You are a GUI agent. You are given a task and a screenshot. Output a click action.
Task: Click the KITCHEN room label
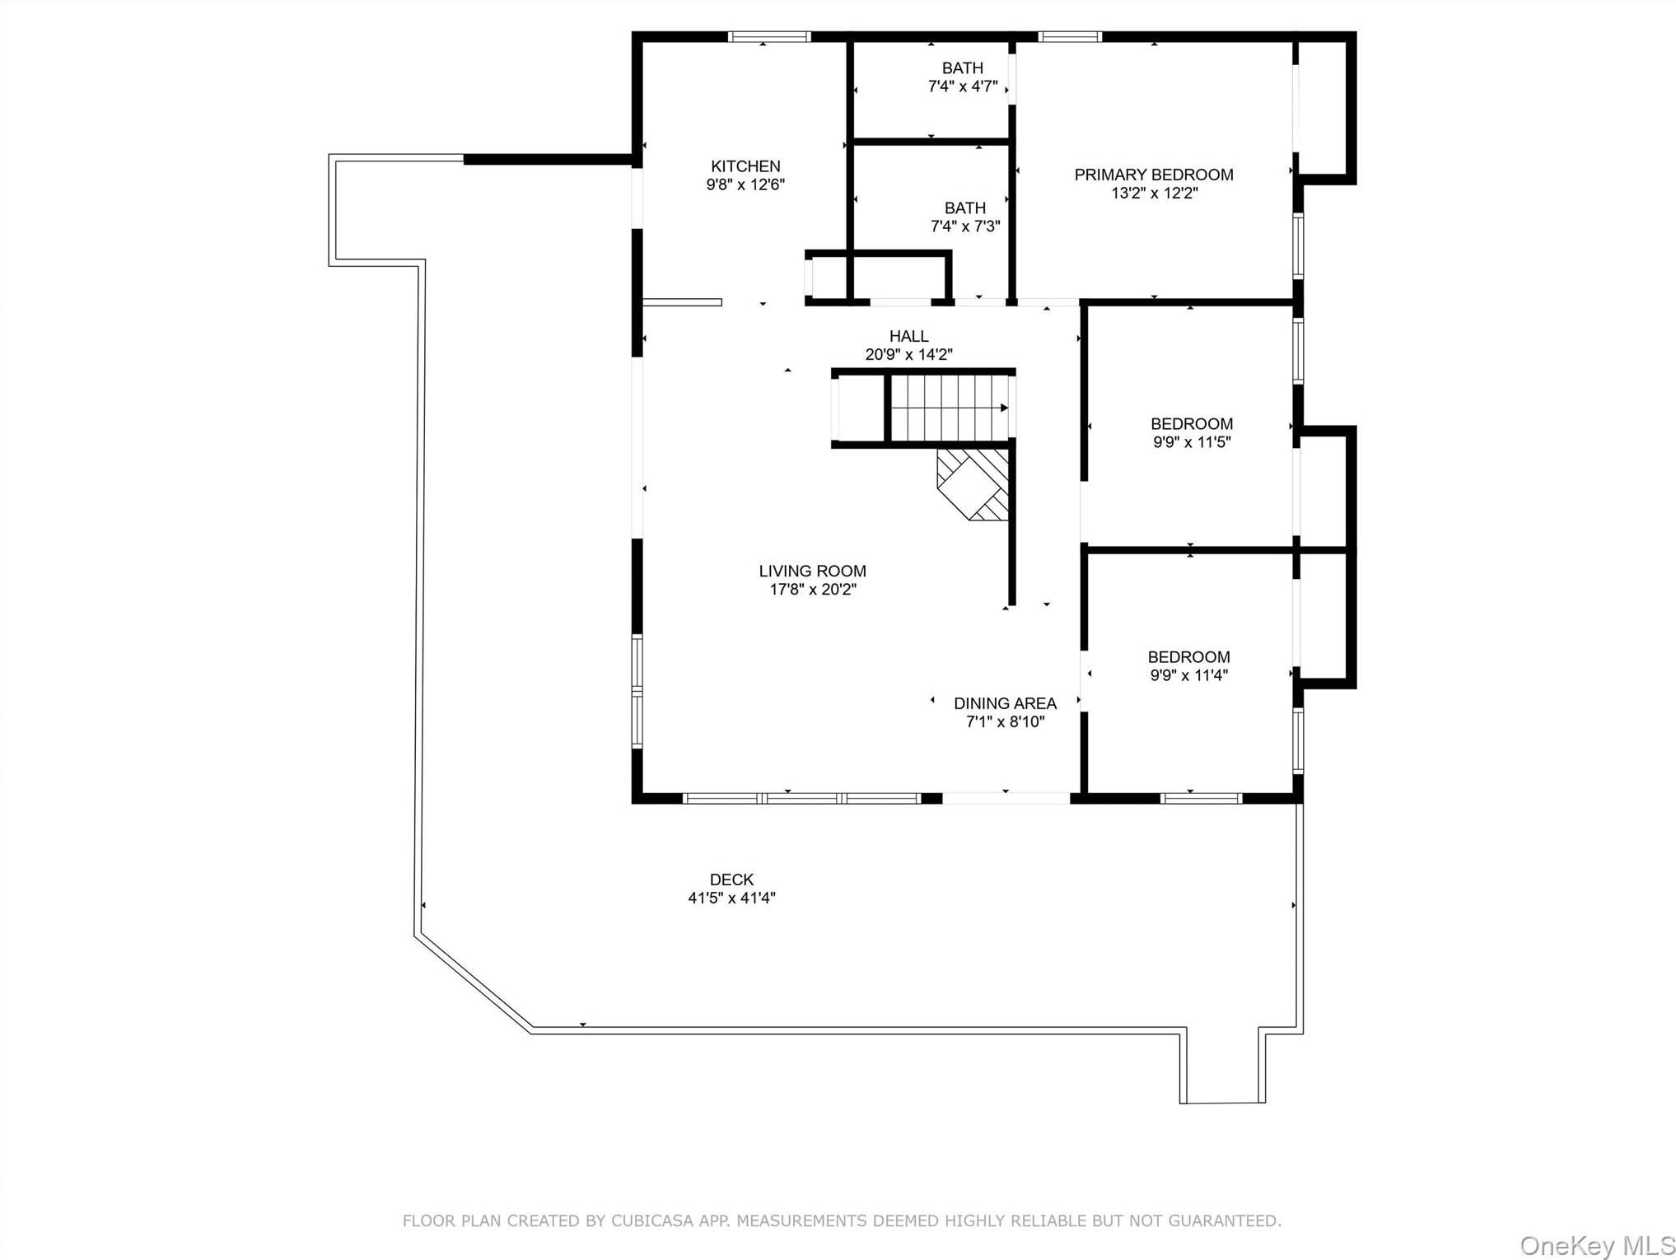[745, 166]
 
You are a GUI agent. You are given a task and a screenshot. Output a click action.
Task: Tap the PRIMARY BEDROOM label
[1153, 175]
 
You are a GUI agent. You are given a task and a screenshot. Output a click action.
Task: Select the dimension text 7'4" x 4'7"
[963, 86]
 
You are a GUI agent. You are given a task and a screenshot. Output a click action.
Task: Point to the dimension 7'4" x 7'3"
[965, 226]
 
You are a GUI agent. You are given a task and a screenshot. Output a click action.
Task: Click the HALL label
[908, 336]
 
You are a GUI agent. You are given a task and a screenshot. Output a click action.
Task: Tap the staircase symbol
[950, 408]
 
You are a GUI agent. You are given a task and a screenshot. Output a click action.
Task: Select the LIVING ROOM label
[812, 571]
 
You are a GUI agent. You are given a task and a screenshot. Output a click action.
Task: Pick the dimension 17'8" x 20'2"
[813, 589]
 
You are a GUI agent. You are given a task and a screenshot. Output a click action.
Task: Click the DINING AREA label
[1005, 703]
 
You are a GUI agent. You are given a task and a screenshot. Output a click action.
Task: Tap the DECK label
[731, 880]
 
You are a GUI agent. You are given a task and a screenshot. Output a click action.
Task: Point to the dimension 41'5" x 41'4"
[731, 898]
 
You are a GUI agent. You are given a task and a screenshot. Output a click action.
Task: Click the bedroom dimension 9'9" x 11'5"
[1192, 442]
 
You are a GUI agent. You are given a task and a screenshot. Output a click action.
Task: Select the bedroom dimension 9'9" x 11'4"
[1189, 675]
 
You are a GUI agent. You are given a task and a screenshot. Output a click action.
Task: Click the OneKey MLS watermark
[1597, 1246]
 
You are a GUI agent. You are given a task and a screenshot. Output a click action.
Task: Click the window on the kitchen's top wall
[769, 36]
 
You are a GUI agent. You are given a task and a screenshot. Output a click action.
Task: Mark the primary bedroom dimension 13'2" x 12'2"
[1154, 193]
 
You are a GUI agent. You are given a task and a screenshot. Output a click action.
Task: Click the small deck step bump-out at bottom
[1223, 1066]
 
